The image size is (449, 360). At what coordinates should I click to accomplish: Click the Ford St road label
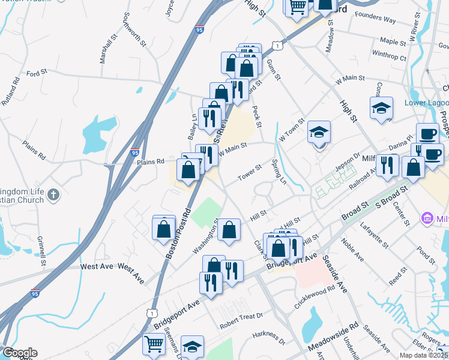point(37,73)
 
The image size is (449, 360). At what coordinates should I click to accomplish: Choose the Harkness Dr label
point(269,338)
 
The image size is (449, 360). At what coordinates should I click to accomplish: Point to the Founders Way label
point(375,20)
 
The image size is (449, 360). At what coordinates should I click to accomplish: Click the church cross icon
point(53,194)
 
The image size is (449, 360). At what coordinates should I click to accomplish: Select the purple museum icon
point(428,218)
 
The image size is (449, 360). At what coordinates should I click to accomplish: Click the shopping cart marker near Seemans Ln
point(154,344)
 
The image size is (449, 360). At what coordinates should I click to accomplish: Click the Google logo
point(19,353)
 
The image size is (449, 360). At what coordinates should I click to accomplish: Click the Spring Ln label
point(279,171)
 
